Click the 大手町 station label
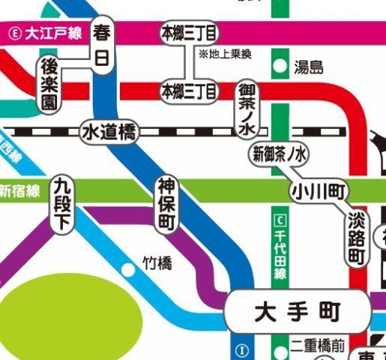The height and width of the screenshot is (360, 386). [x=298, y=309]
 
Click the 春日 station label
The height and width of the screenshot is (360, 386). [x=101, y=44]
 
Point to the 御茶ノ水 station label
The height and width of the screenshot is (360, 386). [x=247, y=109]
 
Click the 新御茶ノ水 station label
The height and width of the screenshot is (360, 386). [x=279, y=155]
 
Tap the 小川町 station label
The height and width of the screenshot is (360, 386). [x=320, y=190]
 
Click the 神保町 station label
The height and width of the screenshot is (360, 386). [x=166, y=204]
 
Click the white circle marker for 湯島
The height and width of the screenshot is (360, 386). [x=280, y=67]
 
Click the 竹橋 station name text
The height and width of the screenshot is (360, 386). [x=157, y=263]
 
